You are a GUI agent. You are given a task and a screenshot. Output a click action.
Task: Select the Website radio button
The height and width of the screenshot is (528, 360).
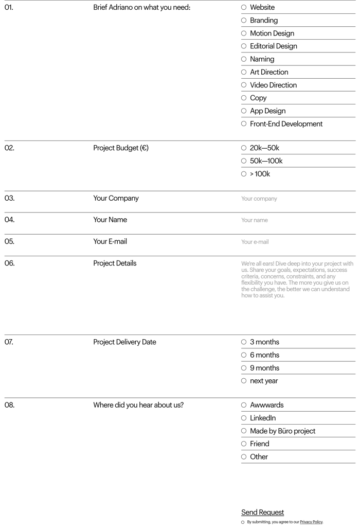(244, 8)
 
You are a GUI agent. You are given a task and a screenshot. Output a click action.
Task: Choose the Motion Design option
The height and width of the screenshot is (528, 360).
(244, 33)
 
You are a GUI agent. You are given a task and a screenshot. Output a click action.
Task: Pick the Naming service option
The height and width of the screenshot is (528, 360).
(244, 59)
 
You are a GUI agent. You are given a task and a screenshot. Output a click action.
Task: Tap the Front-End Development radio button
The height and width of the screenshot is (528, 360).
(244, 124)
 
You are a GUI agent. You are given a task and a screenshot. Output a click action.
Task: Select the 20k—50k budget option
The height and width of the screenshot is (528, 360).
(244, 148)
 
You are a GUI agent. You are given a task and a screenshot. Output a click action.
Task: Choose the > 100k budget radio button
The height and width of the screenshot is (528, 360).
(244, 174)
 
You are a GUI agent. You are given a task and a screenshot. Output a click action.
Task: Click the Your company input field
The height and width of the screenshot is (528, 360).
(297, 199)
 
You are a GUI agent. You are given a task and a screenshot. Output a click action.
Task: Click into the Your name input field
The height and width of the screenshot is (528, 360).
(297, 220)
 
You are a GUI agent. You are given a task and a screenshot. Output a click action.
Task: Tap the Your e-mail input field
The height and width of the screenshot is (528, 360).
(297, 242)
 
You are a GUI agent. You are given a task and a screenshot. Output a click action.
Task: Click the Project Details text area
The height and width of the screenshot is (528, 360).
(297, 288)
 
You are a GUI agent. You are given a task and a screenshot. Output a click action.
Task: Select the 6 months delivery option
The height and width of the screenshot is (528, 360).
(244, 355)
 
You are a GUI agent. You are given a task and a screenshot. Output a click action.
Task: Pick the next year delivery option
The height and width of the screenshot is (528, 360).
(244, 381)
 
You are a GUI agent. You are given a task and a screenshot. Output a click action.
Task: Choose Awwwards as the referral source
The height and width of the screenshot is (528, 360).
(244, 406)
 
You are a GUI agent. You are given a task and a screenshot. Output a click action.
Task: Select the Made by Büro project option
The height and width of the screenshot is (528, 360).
(244, 431)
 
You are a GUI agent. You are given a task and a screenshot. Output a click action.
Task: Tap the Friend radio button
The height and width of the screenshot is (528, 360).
(244, 444)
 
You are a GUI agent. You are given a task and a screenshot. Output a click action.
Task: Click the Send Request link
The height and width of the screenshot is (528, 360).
(262, 513)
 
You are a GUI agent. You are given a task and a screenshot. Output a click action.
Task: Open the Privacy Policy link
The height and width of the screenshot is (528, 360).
(311, 522)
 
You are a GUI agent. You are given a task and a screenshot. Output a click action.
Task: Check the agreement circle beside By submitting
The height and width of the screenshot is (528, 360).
(243, 522)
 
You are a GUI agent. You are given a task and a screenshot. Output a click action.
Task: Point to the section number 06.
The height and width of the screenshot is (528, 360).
(10, 263)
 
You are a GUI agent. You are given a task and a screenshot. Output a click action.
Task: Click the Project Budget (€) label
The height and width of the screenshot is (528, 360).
(121, 148)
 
